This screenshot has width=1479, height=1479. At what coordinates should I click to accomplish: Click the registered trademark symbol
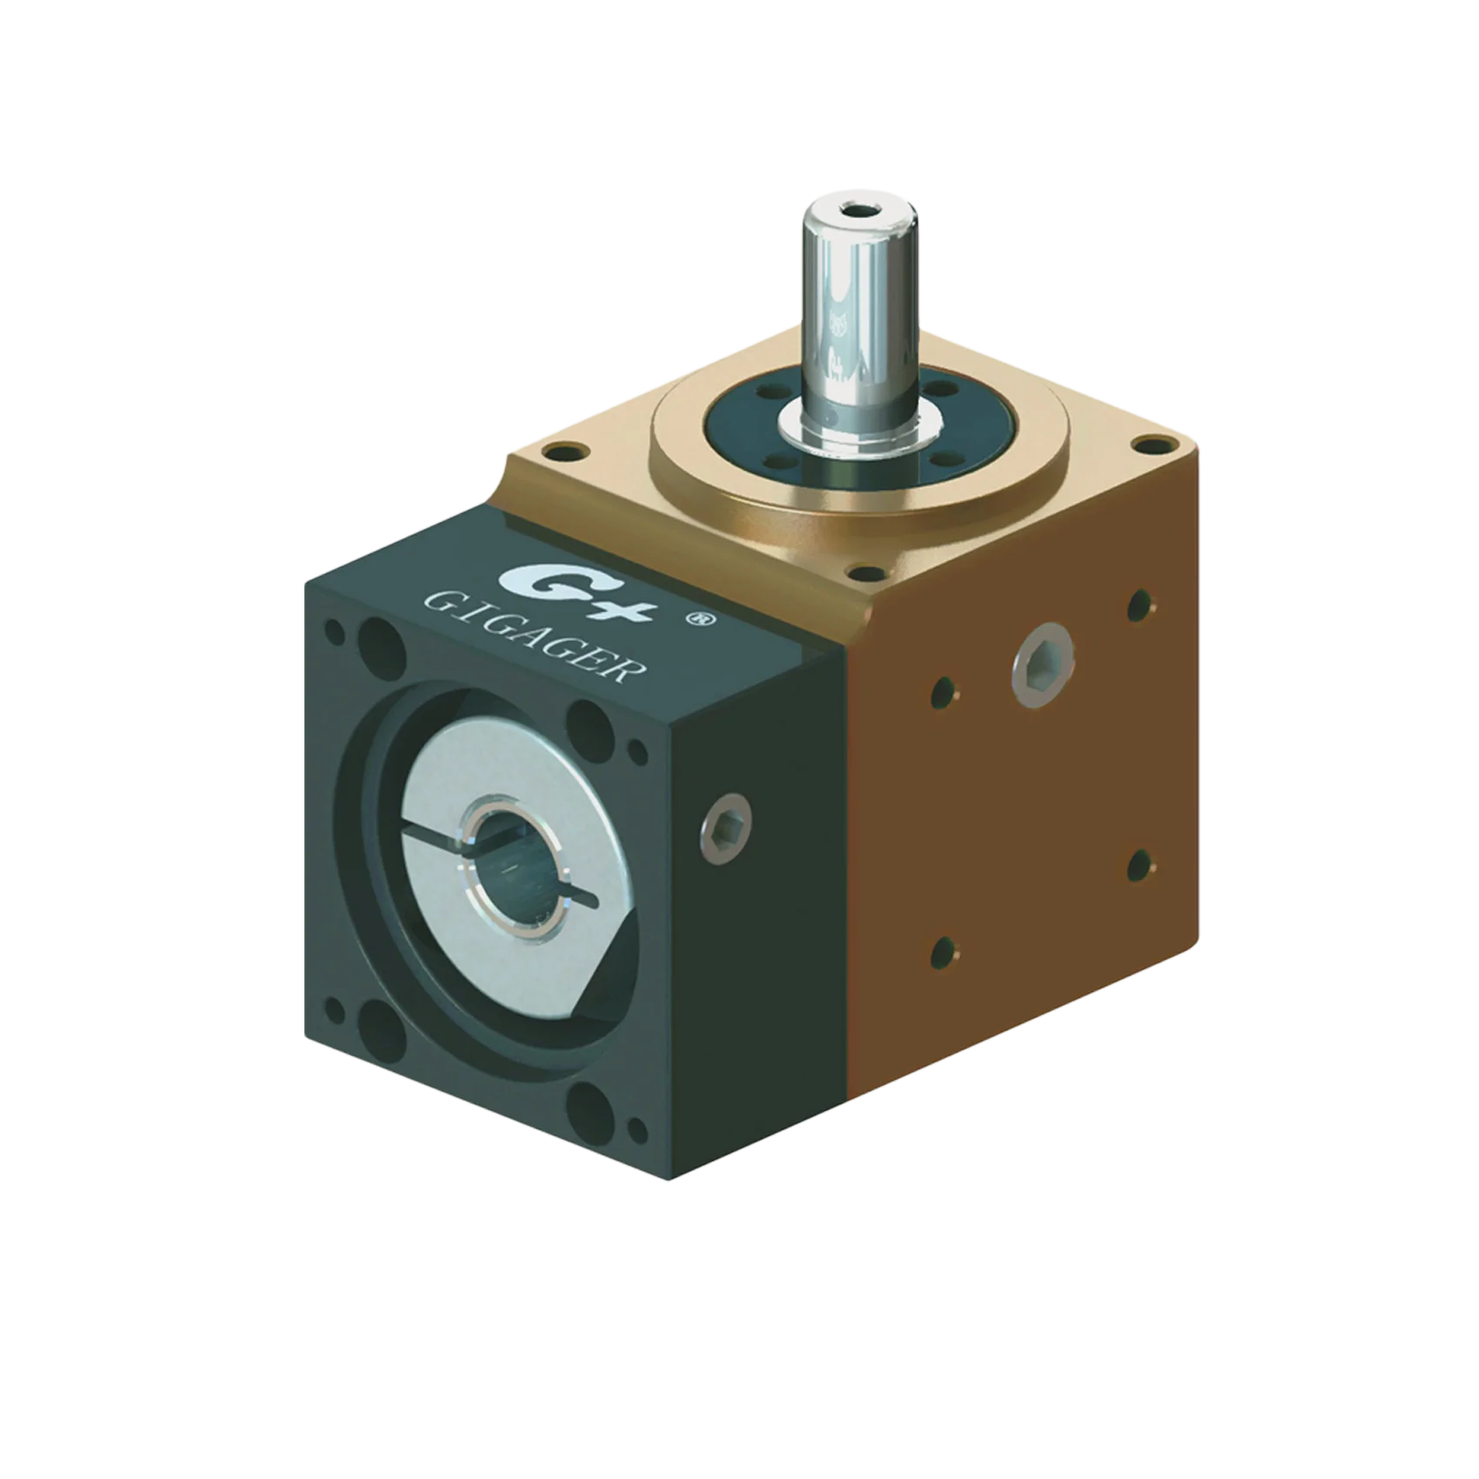pos(696,619)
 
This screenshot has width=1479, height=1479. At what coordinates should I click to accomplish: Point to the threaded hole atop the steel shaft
pos(859,210)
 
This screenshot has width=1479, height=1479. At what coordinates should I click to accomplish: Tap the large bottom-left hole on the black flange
pos(381,1029)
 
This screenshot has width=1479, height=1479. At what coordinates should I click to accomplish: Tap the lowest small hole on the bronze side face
pos(943,954)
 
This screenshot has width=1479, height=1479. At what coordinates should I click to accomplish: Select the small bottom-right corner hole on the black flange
pos(636,1129)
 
